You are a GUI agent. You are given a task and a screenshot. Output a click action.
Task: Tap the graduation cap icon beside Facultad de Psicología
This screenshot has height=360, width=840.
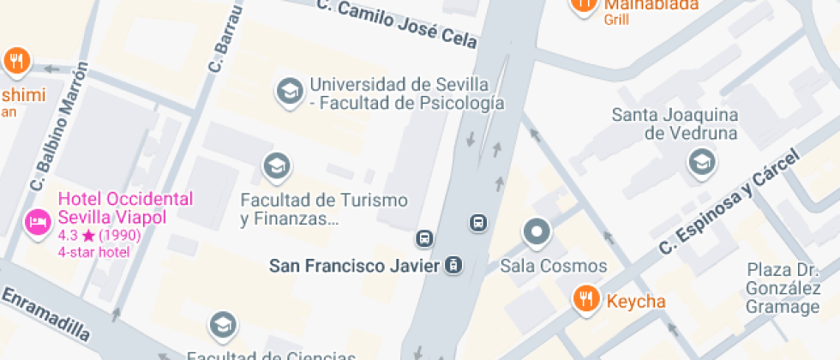tap(289, 92)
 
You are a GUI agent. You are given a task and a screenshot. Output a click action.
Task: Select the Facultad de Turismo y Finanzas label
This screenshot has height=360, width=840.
tap(324, 209)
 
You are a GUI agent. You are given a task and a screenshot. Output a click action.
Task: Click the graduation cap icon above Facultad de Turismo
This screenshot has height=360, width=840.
tap(276, 167)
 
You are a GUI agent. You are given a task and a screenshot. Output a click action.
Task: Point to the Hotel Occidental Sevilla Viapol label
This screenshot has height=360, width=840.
tap(125, 207)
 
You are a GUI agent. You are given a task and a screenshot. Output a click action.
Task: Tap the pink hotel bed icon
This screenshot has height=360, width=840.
tap(37, 224)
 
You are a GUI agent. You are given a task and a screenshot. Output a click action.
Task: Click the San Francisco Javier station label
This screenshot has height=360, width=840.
tap(355, 266)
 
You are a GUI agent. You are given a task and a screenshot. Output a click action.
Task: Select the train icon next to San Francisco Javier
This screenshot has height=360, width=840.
tap(453, 266)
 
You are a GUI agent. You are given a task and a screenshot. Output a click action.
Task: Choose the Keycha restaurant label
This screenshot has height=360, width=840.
tap(636, 301)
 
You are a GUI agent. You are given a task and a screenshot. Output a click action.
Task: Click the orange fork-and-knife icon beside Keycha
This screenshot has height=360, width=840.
tap(586, 299)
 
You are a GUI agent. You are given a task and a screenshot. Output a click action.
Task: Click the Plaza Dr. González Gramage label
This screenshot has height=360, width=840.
tap(783, 288)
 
